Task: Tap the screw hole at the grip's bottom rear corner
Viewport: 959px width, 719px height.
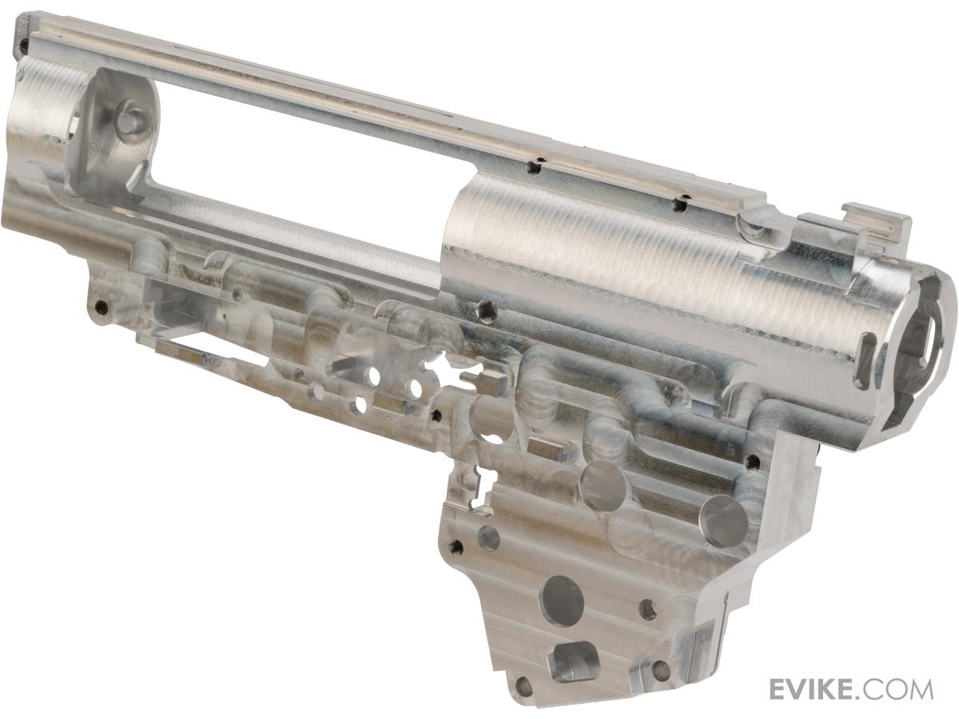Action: point(521,698)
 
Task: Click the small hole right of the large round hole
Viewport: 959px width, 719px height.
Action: point(648,610)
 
